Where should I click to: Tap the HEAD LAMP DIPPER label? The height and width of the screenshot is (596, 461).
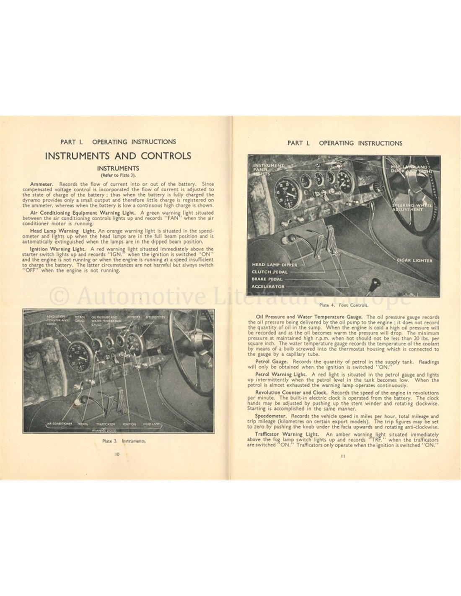[x=275, y=265]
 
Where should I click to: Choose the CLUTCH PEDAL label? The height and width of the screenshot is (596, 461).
[x=270, y=272]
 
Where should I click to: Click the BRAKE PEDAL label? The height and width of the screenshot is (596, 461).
[x=267, y=279]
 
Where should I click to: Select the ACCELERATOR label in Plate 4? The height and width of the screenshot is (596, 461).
[x=268, y=287]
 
